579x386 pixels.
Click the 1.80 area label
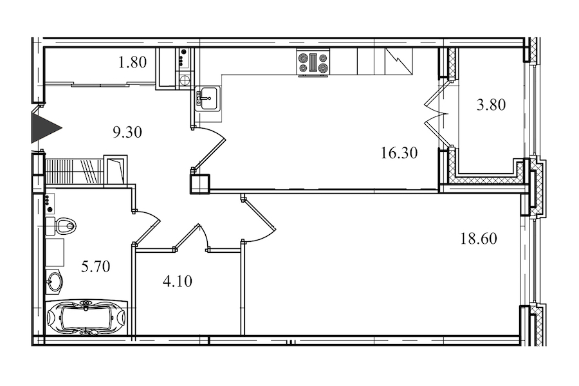pos(133,62)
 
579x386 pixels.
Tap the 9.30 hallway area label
pos(127,133)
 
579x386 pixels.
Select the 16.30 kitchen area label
pos(399,152)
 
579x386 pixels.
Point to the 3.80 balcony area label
pos(491,104)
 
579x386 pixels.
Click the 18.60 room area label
pos(479,239)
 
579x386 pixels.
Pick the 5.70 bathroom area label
pos(96,266)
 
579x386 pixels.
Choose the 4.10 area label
pos(178,282)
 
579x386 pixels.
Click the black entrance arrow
pos(44,128)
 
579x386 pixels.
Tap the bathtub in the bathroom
pos(86,318)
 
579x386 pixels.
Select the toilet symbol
pos(61,225)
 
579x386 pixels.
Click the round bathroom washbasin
pos(55,282)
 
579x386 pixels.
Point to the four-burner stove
pos(313,63)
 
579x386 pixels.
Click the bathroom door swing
pos(146,227)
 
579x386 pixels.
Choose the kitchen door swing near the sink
pos(209,148)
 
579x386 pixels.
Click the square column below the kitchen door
pos(200,184)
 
